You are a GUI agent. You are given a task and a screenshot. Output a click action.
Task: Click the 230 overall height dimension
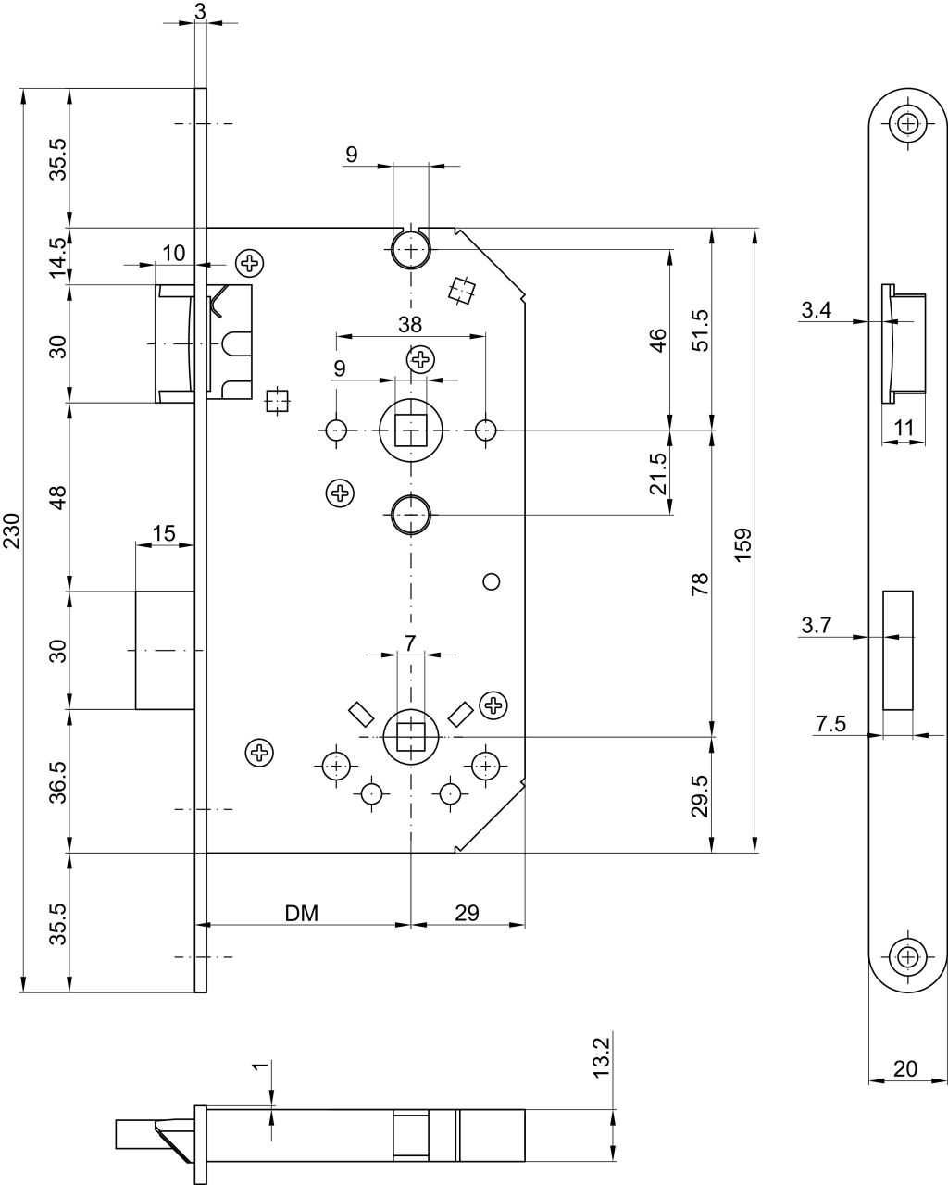[x=12, y=530]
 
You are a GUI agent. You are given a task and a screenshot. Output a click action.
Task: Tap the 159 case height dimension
[x=743, y=544]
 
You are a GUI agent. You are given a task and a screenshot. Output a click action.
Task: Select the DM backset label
[x=301, y=914]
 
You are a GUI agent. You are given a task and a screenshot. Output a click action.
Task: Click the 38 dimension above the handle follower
[x=410, y=325]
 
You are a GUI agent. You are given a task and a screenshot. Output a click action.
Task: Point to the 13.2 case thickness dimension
[x=602, y=1057]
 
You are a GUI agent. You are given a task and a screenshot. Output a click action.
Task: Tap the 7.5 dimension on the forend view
[x=830, y=724]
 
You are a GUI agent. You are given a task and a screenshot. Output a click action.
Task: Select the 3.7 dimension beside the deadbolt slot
[x=816, y=626]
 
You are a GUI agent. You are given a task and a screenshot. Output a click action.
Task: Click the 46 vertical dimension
[x=657, y=340]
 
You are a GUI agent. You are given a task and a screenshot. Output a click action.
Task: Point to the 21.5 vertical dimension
[x=657, y=474]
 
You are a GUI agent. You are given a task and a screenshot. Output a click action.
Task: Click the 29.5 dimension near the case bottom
[x=700, y=795]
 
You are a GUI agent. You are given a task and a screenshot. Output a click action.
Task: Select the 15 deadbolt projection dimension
[x=164, y=533]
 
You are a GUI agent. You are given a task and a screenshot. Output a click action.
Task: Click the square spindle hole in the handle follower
[x=411, y=430]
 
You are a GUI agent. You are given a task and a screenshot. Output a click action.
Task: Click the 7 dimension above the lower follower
[x=409, y=642]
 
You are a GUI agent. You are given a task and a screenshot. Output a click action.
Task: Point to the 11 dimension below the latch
[x=904, y=428]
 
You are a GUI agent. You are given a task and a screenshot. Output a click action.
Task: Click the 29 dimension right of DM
[x=467, y=913]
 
